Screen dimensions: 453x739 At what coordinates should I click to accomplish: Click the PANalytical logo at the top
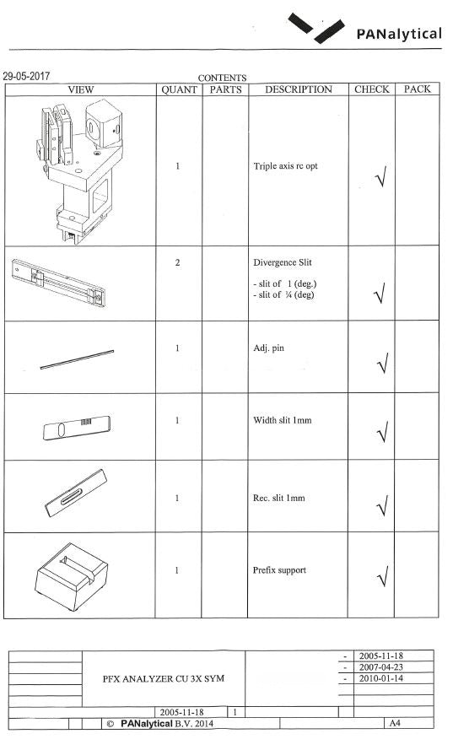point(365,29)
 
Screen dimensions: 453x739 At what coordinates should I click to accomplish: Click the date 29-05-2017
point(26,77)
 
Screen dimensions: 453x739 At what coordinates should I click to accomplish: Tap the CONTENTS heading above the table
point(222,78)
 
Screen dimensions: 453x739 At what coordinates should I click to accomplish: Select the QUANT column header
point(179,89)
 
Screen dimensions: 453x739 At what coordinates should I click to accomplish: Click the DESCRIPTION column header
point(299,89)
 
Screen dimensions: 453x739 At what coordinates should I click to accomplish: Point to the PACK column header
point(418,89)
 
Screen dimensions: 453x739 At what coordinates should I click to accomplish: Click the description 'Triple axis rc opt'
point(285,166)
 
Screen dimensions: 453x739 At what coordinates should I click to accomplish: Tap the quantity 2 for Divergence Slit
point(177,262)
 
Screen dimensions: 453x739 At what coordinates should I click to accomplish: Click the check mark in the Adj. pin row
point(382,363)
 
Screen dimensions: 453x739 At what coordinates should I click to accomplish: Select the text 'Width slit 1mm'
point(283,420)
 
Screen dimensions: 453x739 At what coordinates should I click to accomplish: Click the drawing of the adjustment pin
point(77,359)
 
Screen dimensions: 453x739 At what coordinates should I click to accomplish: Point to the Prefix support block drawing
point(71,576)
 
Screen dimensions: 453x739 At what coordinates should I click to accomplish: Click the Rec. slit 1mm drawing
point(75,493)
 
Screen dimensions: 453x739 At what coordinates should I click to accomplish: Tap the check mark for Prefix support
point(382,576)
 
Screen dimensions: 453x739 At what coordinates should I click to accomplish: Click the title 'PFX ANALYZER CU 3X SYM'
point(164,678)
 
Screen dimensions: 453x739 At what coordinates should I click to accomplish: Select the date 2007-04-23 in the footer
point(381,667)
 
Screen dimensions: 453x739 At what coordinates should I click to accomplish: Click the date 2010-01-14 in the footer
point(381,678)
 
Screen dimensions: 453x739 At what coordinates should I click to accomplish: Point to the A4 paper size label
point(395,723)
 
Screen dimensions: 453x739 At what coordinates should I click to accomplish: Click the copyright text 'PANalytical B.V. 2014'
point(167,724)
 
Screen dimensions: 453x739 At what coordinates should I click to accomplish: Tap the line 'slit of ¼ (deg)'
point(283,294)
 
